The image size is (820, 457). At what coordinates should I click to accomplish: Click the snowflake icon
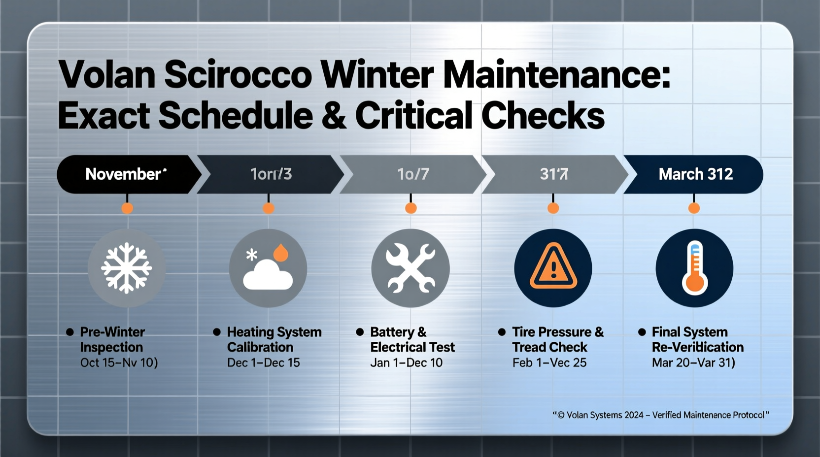126,268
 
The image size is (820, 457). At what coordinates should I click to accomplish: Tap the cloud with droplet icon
268,268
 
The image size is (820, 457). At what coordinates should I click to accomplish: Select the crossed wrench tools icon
410,268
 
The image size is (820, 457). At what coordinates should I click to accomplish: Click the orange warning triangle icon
553,268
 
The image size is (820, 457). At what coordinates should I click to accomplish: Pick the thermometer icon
694,268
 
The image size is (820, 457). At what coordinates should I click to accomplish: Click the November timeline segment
126,174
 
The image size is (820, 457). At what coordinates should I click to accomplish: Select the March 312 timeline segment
695,174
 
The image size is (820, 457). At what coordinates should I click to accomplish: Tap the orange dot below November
127,208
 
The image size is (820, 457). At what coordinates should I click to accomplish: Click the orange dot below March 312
694,208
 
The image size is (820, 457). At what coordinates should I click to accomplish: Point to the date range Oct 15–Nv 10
119,363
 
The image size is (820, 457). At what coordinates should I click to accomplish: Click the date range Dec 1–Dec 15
263,363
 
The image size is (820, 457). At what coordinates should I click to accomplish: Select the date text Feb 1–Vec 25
549,363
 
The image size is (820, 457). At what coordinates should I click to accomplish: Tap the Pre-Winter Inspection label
112,339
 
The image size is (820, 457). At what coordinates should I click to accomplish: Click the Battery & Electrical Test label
412,339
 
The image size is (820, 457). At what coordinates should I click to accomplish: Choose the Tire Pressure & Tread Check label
557,339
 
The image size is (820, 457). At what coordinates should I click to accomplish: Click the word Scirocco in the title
238,75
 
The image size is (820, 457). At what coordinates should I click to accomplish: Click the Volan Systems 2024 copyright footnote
660,415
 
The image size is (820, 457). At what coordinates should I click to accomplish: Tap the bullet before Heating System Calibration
216,332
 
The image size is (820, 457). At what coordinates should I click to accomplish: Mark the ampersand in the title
334,116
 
